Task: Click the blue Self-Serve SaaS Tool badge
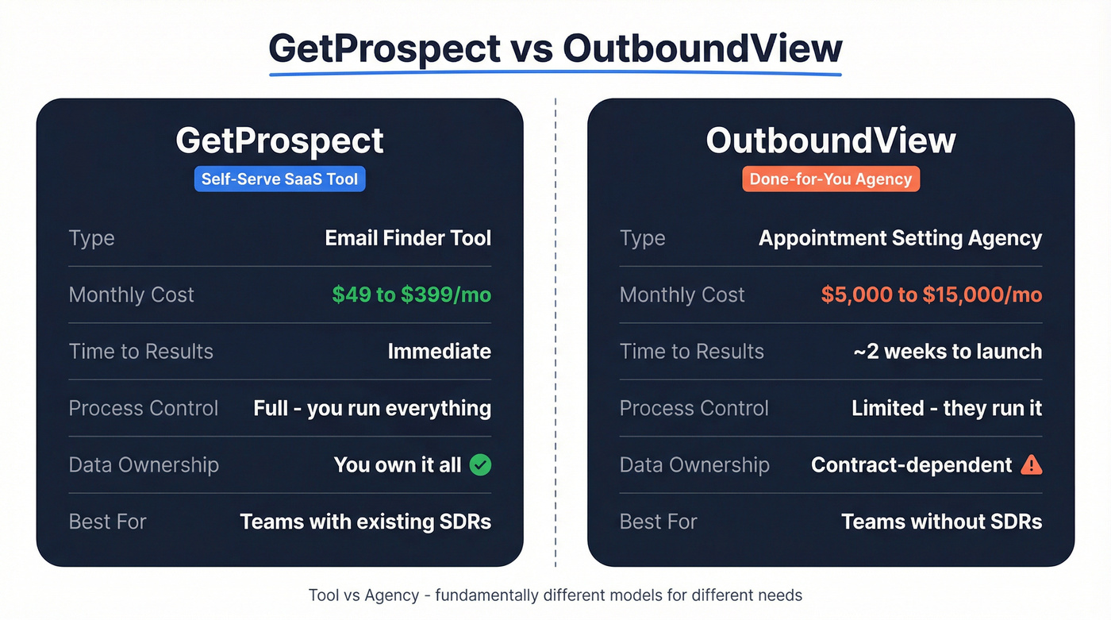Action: (279, 179)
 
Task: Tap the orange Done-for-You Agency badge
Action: (831, 179)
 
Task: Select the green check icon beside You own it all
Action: (480, 464)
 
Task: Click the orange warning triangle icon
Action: (1031, 464)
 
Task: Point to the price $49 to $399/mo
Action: (411, 295)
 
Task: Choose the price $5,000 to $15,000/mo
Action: (931, 295)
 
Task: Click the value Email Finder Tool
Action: (408, 238)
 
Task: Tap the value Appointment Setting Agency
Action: (900, 238)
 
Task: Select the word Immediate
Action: (439, 351)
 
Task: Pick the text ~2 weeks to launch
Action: (947, 351)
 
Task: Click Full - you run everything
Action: (372, 408)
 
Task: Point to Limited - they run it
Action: (946, 408)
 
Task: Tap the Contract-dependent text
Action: (911, 464)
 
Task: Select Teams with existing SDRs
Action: (365, 522)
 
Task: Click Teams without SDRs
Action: (941, 522)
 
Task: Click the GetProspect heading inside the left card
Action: (279, 141)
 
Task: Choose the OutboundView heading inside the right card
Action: (831, 141)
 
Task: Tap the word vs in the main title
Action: (532, 48)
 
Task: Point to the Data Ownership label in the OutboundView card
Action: (694, 464)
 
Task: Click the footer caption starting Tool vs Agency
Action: (555, 595)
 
